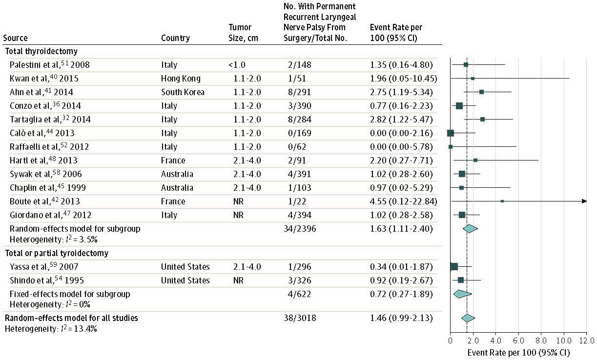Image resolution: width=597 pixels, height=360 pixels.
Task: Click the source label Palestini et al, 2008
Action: tap(49, 64)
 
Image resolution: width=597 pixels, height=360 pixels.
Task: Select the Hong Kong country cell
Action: tap(181, 78)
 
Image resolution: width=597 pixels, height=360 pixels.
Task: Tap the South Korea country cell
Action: tap(183, 92)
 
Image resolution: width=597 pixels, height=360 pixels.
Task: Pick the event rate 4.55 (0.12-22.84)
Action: tap(403, 201)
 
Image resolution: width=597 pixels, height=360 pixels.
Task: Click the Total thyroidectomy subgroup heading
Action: tap(41, 51)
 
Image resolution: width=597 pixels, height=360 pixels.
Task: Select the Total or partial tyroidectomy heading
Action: tap(57, 253)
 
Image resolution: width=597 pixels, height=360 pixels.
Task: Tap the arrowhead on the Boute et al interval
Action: tap(584, 201)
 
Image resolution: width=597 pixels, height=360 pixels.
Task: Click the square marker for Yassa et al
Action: tap(454, 266)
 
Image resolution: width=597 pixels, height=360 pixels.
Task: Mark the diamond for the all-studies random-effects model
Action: tap(468, 318)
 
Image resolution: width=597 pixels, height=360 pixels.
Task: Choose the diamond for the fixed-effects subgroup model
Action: tap(462, 294)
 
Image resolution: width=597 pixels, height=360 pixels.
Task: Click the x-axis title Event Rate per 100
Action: tap(518, 352)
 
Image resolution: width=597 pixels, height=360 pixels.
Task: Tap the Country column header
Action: tap(175, 38)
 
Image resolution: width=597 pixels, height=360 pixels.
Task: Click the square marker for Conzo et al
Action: tap(459, 105)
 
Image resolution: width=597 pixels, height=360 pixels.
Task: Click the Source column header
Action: tap(15, 38)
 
